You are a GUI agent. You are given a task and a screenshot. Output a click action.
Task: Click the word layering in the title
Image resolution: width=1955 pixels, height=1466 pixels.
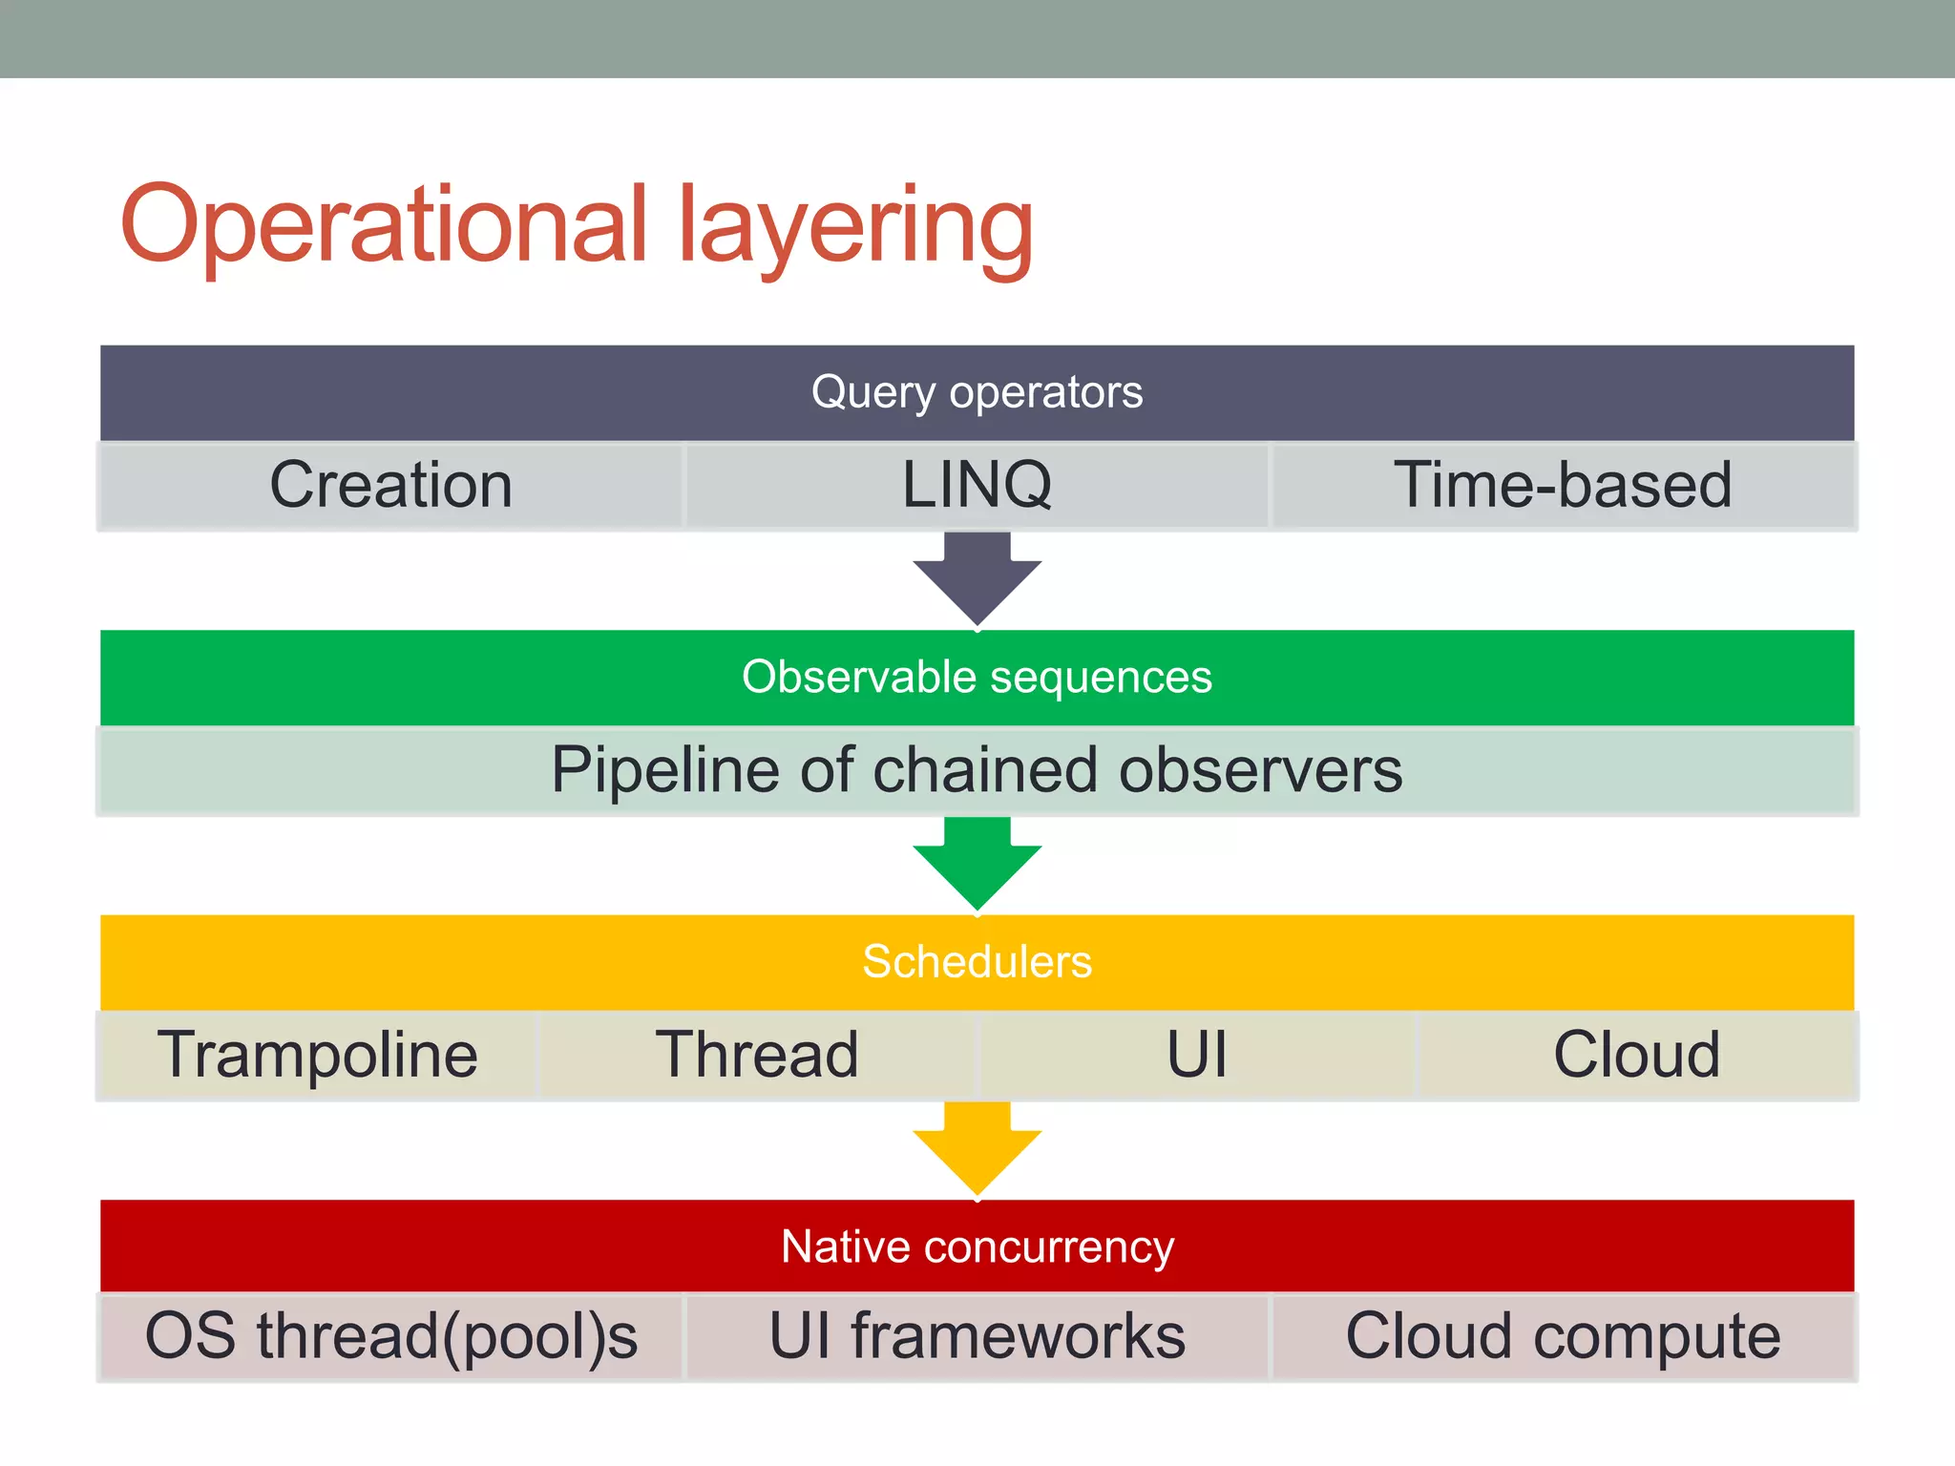click(855, 229)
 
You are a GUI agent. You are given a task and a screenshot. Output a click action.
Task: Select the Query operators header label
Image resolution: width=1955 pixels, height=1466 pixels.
click(977, 392)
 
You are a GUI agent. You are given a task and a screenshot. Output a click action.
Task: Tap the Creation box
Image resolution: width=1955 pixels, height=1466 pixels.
click(390, 485)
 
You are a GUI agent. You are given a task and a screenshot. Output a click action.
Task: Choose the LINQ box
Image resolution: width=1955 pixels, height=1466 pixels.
click(977, 485)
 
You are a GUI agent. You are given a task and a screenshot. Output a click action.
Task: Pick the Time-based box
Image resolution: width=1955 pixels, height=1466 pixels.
click(1563, 485)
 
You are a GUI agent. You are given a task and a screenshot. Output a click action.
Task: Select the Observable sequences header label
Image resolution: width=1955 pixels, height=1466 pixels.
click(977, 677)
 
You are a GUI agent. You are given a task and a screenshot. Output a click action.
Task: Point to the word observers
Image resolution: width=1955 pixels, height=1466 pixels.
click(1260, 770)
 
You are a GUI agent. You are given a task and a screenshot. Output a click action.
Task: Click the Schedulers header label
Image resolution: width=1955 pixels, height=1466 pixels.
click(977, 961)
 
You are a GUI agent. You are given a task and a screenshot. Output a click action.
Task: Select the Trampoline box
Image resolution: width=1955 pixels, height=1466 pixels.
click(318, 1055)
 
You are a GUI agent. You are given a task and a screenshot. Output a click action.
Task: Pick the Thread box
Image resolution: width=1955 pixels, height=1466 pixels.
click(757, 1055)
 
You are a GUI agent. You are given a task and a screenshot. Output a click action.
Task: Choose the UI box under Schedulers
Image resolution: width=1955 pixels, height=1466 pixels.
click(1197, 1055)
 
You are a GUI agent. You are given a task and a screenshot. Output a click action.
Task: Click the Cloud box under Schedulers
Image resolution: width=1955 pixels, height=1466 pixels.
click(1636, 1055)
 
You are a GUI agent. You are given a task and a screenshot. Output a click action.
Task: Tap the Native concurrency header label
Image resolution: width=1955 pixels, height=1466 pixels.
click(977, 1246)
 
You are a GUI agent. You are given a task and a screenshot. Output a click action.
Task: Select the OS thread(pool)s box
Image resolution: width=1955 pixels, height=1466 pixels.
click(390, 1336)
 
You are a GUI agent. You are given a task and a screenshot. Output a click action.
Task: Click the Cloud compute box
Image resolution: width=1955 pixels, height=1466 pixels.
click(1563, 1336)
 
